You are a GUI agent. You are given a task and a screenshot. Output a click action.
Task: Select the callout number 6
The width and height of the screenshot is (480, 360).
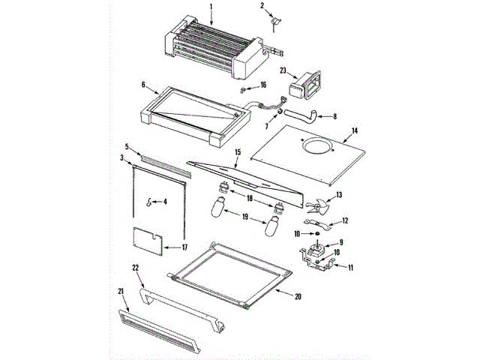coord(142,85)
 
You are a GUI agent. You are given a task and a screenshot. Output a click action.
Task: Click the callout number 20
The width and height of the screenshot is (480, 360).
coord(298,296)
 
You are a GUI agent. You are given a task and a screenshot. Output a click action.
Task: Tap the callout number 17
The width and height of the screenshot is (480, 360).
coord(185,247)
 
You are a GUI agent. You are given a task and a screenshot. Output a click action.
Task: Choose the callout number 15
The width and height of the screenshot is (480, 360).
coord(237,153)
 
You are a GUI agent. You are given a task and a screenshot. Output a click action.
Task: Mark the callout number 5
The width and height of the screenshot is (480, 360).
coord(127,146)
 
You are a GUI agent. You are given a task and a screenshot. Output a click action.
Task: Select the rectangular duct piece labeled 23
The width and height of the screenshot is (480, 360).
coord(307,85)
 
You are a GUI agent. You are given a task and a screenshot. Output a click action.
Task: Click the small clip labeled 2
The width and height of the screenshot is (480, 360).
coord(276,23)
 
